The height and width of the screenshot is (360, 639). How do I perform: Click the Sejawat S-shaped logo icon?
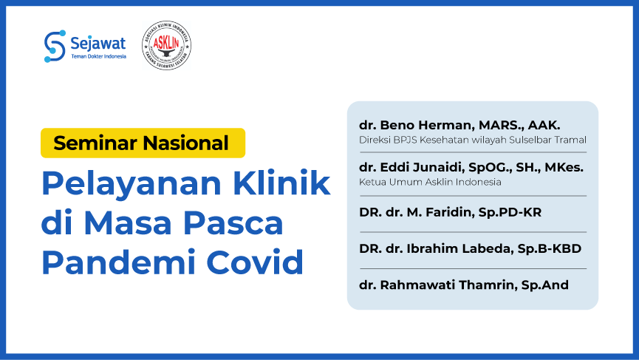click(x=55, y=46)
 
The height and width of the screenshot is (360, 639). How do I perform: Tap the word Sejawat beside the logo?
click(x=99, y=41)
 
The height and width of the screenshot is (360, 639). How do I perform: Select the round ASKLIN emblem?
click(x=166, y=45)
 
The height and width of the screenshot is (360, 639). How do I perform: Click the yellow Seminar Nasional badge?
click(x=143, y=143)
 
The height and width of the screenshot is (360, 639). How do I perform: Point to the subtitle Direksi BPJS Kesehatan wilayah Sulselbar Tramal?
click(x=472, y=139)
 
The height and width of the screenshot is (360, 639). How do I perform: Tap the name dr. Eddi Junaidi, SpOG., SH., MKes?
click(x=471, y=168)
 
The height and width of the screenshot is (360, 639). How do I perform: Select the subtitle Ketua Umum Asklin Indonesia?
click(x=430, y=182)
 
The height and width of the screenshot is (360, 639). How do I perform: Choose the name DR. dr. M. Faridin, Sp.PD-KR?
click(x=451, y=212)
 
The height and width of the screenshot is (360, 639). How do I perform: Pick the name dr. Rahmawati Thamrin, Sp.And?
click(x=464, y=285)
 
